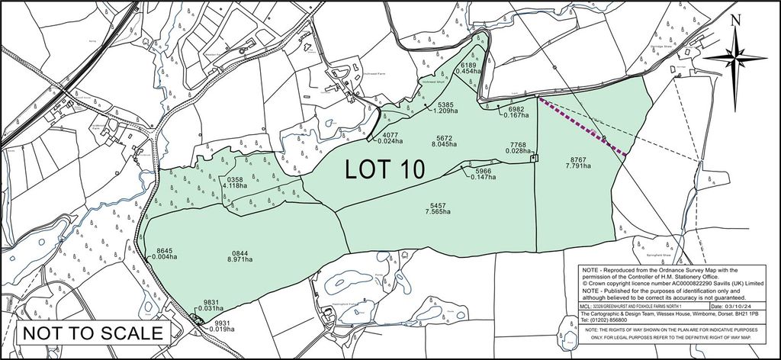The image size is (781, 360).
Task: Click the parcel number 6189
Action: (x=469, y=66)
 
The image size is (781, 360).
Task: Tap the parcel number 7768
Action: (x=519, y=144)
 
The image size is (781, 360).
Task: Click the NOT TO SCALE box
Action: (x=92, y=333)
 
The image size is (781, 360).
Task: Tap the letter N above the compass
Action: (x=734, y=22)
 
